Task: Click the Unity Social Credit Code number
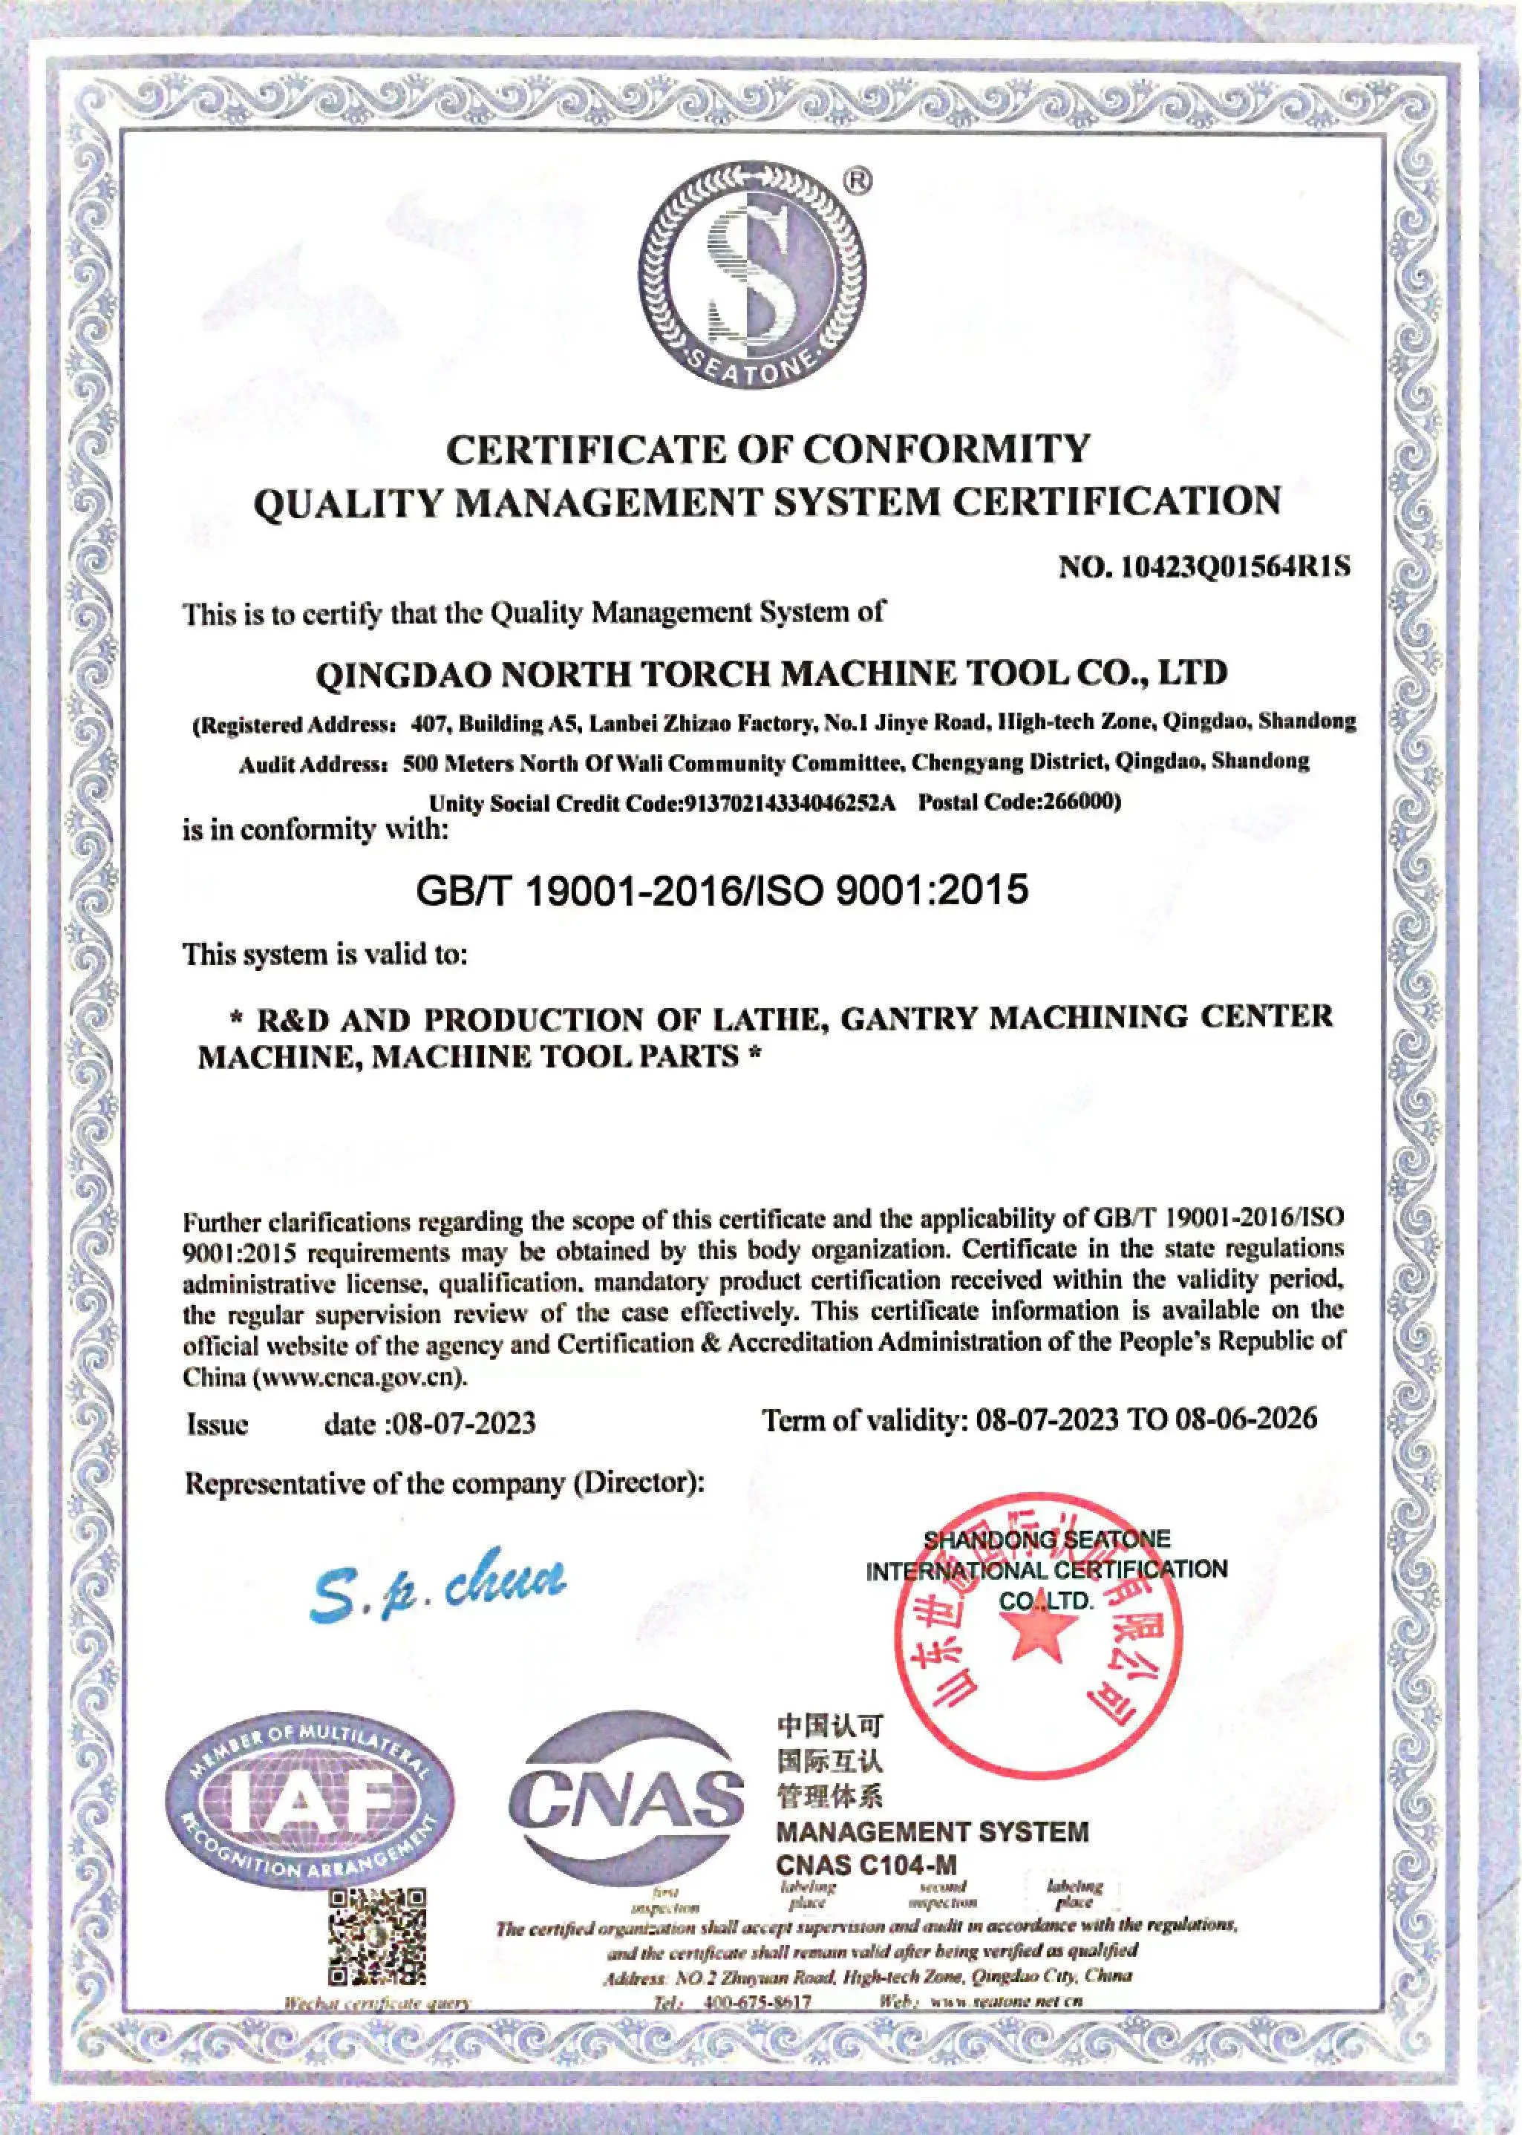coord(789,804)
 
